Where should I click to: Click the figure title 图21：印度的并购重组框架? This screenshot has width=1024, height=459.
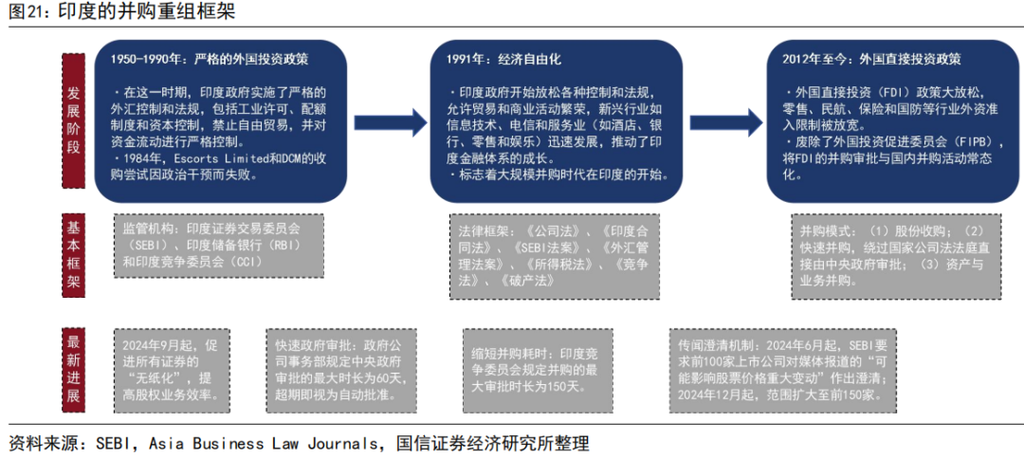pos(119,13)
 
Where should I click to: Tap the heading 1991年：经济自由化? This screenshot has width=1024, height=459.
pos(503,59)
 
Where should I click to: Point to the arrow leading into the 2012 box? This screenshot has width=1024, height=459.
pos(725,121)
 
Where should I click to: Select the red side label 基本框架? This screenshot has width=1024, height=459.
pos(74,255)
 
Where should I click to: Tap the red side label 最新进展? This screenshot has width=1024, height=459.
pos(74,368)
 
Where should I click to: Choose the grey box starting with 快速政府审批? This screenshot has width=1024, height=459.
pos(339,369)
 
